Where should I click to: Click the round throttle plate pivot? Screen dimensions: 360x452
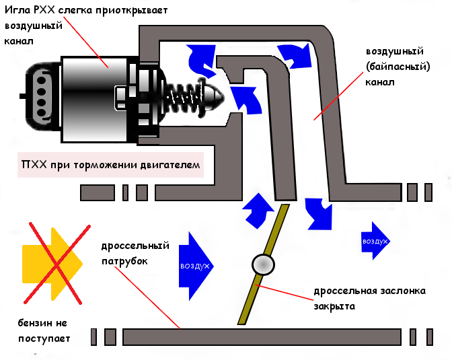click(262, 264)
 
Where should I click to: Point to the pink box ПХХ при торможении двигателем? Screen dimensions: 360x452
click(112, 166)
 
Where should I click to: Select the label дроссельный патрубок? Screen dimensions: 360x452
click(135, 253)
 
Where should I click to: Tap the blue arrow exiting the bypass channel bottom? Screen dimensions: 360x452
click(317, 212)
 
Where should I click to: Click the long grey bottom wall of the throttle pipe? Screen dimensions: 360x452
click(262, 334)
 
